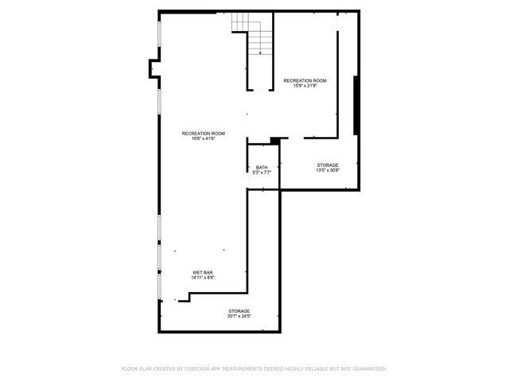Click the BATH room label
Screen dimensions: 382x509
262,167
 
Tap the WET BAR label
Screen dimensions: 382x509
203,273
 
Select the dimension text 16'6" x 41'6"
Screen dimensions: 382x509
203,138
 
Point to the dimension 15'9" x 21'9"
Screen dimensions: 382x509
305,86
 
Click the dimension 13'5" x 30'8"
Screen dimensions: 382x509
328,170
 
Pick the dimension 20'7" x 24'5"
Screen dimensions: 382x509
239,316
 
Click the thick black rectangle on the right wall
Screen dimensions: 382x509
357,107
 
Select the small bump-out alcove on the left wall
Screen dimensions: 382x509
153,70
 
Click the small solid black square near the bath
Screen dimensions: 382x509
275,141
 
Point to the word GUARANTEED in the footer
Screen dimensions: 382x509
367,368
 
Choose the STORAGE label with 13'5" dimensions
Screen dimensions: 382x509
328,165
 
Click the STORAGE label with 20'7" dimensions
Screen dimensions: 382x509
239,310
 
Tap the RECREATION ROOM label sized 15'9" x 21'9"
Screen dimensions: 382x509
305,80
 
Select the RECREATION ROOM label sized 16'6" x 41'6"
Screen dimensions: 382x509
203,133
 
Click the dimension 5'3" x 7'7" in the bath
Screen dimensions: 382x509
262,173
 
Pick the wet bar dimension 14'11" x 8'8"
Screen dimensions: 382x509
203,279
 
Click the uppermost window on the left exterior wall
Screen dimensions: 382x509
159,40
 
